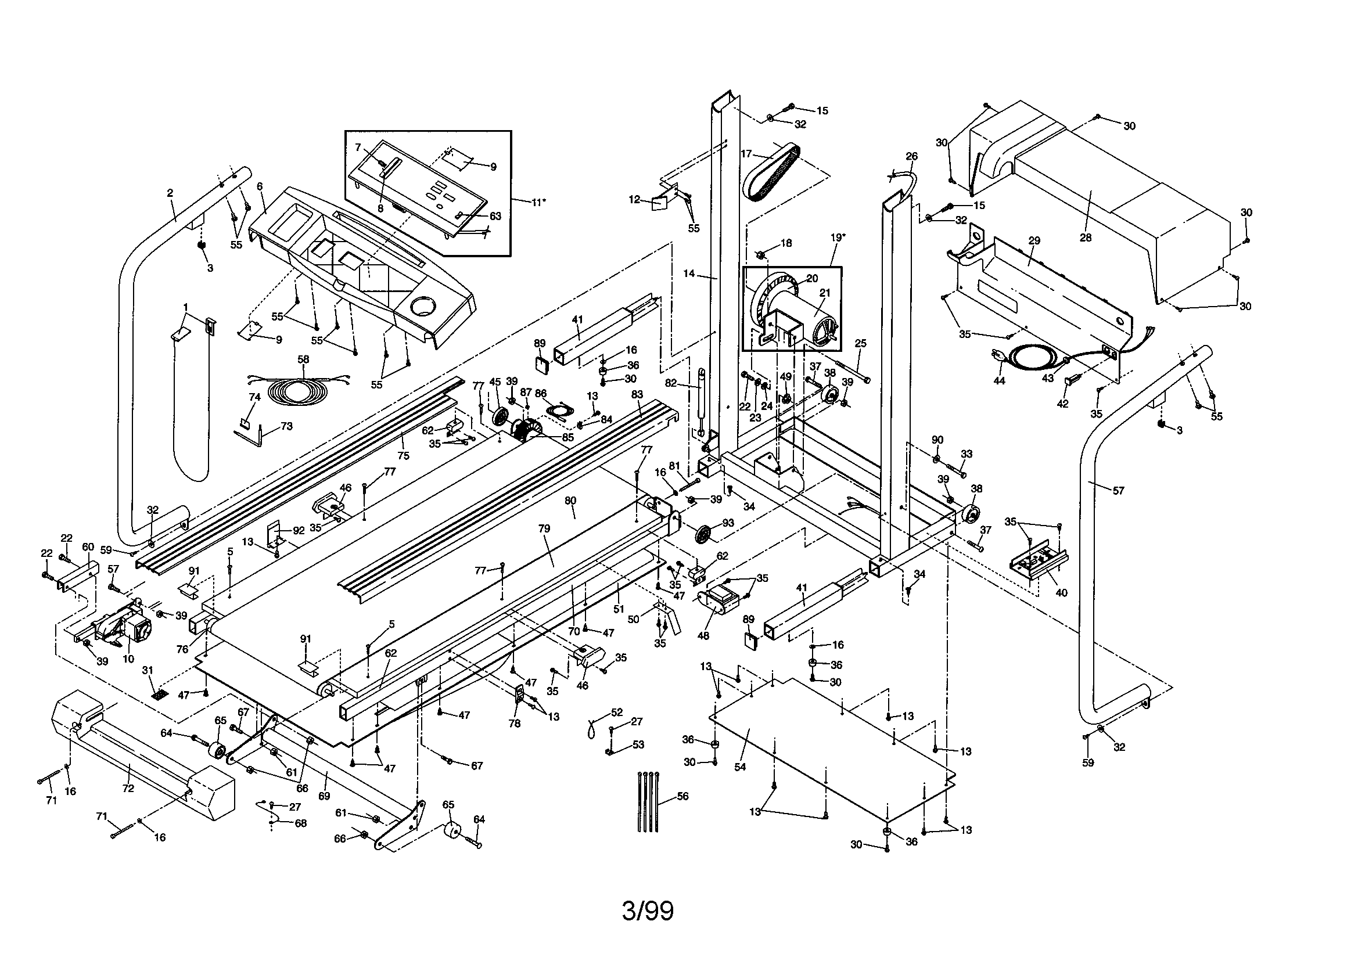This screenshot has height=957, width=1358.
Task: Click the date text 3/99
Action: click(x=648, y=912)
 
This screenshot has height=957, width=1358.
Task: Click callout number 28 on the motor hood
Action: click(x=1086, y=238)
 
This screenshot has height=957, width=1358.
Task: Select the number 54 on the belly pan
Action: click(x=740, y=767)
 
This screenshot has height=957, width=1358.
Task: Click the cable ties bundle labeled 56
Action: click(x=648, y=801)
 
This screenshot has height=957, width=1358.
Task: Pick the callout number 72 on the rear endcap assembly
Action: click(x=128, y=789)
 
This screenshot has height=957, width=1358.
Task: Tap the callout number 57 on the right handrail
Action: click(x=1119, y=490)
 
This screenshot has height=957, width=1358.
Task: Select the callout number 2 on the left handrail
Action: click(x=170, y=193)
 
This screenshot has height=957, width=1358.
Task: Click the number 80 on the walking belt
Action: click(x=570, y=501)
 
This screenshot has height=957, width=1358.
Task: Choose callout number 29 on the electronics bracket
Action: click(x=1034, y=241)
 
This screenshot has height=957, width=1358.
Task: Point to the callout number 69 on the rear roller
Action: click(x=324, y=796)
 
